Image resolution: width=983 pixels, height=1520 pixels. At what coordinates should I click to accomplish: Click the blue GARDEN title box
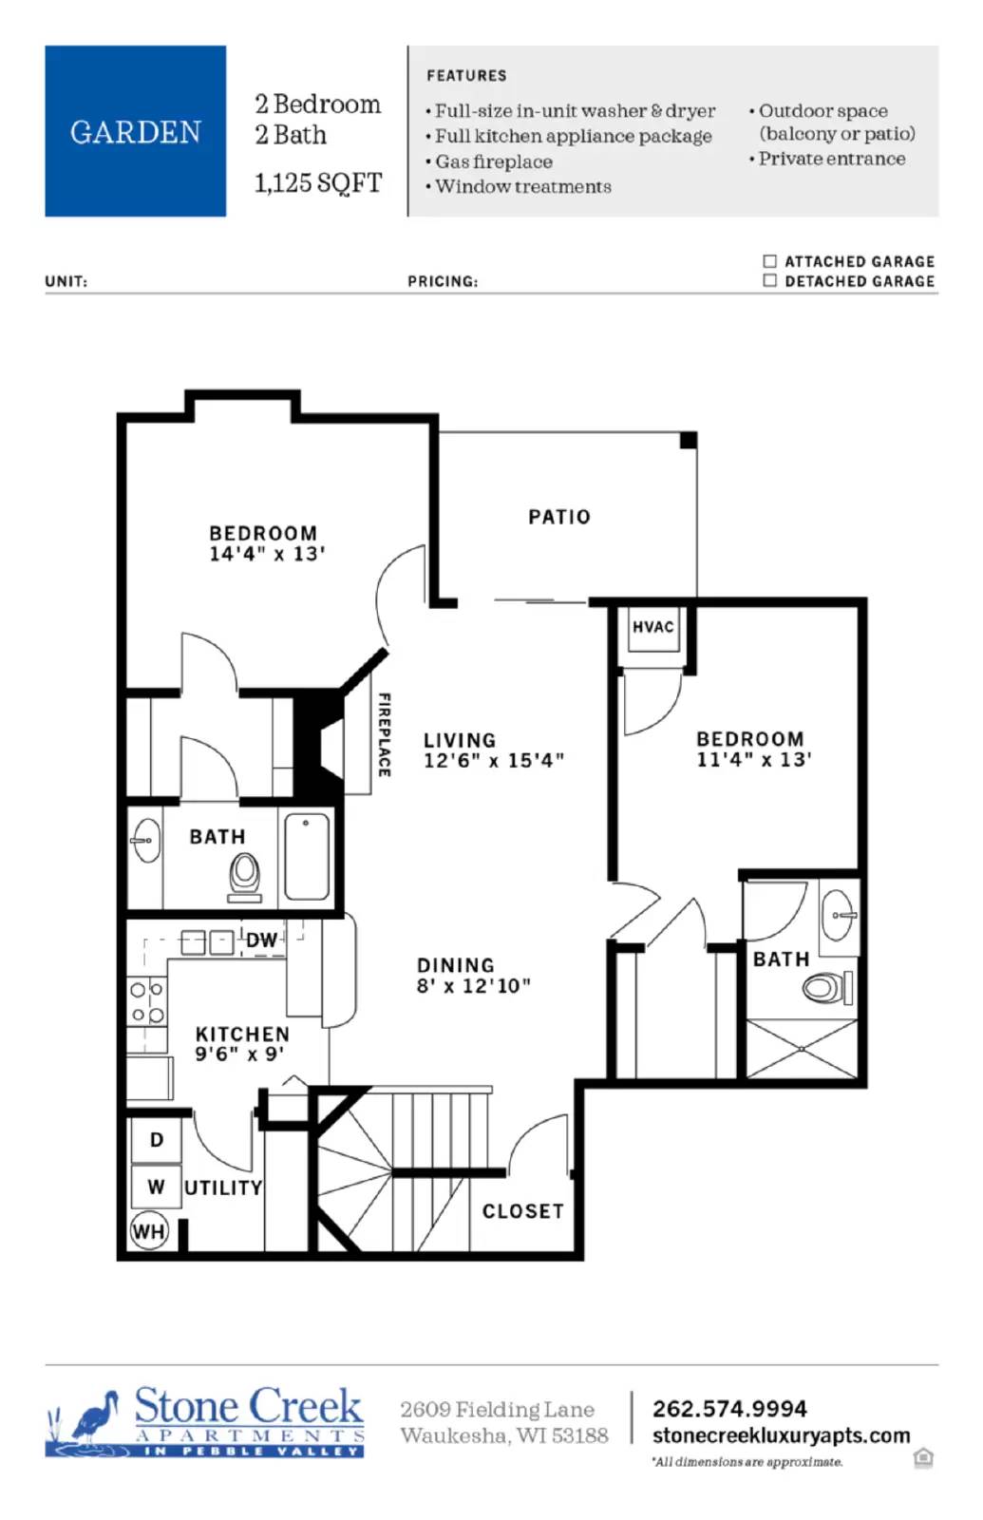tap(135, 131)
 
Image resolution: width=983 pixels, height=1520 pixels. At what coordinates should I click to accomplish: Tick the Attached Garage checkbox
tap(769, 260)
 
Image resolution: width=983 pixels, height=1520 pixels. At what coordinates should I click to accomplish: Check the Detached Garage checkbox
tap(769, 280)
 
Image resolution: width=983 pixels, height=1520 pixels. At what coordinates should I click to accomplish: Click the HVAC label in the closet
tap(652, 627)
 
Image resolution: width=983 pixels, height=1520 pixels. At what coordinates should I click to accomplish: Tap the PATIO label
tap(559, 517)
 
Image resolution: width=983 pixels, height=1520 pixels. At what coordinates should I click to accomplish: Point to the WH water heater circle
tap(148, 1231)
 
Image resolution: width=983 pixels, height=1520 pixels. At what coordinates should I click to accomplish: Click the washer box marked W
tap(156, 1187)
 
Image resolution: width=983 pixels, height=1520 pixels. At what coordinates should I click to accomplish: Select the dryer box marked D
tap(156, 1139)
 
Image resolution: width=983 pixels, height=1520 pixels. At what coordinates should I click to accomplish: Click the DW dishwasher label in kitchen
tap(262, 940)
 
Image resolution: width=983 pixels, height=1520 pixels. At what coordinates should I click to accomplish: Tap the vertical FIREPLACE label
tap(384, 734)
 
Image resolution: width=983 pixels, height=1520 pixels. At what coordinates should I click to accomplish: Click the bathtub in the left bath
tap(307, 857)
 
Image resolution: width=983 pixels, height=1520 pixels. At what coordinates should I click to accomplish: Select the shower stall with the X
tap(802, 1049)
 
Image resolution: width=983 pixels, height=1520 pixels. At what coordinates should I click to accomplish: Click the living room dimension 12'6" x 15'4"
tap(493, 760)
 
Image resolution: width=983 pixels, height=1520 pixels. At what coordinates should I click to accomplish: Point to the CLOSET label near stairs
tap(522, 1211)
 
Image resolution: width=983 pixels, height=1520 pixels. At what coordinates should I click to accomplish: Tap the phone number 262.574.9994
tap(728, 1408)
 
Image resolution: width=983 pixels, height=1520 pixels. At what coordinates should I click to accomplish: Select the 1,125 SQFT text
tap(317, 182)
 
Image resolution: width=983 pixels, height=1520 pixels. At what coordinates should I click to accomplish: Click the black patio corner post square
tap(689, 440)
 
